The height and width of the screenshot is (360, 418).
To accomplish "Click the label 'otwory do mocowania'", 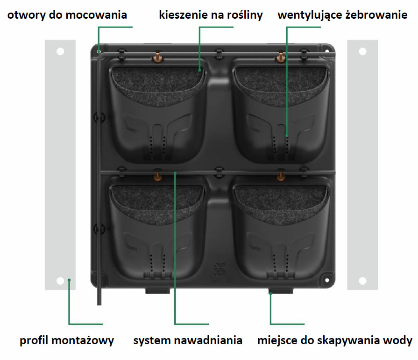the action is coord(67,15).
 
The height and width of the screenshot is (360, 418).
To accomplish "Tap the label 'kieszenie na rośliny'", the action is coord(211,15).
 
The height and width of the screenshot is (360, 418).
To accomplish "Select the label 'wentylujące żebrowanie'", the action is coord(342,15).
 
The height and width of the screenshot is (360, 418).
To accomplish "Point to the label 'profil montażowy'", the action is coord(67,340).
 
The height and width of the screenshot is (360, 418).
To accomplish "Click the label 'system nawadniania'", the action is coord(188,340).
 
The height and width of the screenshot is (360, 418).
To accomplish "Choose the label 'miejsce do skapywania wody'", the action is coord(335,340).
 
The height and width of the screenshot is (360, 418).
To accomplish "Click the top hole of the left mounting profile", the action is coord(60,51).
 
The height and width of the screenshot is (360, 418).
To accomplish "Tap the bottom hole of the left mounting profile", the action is coord(60,281).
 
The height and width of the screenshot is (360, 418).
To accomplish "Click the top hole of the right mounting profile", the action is coord(362,51).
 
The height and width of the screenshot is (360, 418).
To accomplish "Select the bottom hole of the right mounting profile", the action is coord(362,281).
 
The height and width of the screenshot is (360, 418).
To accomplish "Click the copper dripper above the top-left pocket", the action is coord(157,57).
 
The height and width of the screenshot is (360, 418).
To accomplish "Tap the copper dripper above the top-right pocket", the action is coord(280,57).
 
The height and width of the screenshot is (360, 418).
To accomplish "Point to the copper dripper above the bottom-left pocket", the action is coord(157,176).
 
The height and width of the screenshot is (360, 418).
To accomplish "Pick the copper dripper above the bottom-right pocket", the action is coord(280,176).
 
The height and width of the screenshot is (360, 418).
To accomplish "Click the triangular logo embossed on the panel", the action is coord(219,270).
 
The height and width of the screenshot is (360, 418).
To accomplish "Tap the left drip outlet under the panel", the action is coord(157,291).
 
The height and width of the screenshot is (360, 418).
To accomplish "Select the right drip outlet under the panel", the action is coord(281,291).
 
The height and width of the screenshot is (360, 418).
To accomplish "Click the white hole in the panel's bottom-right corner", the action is coord(327,280).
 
